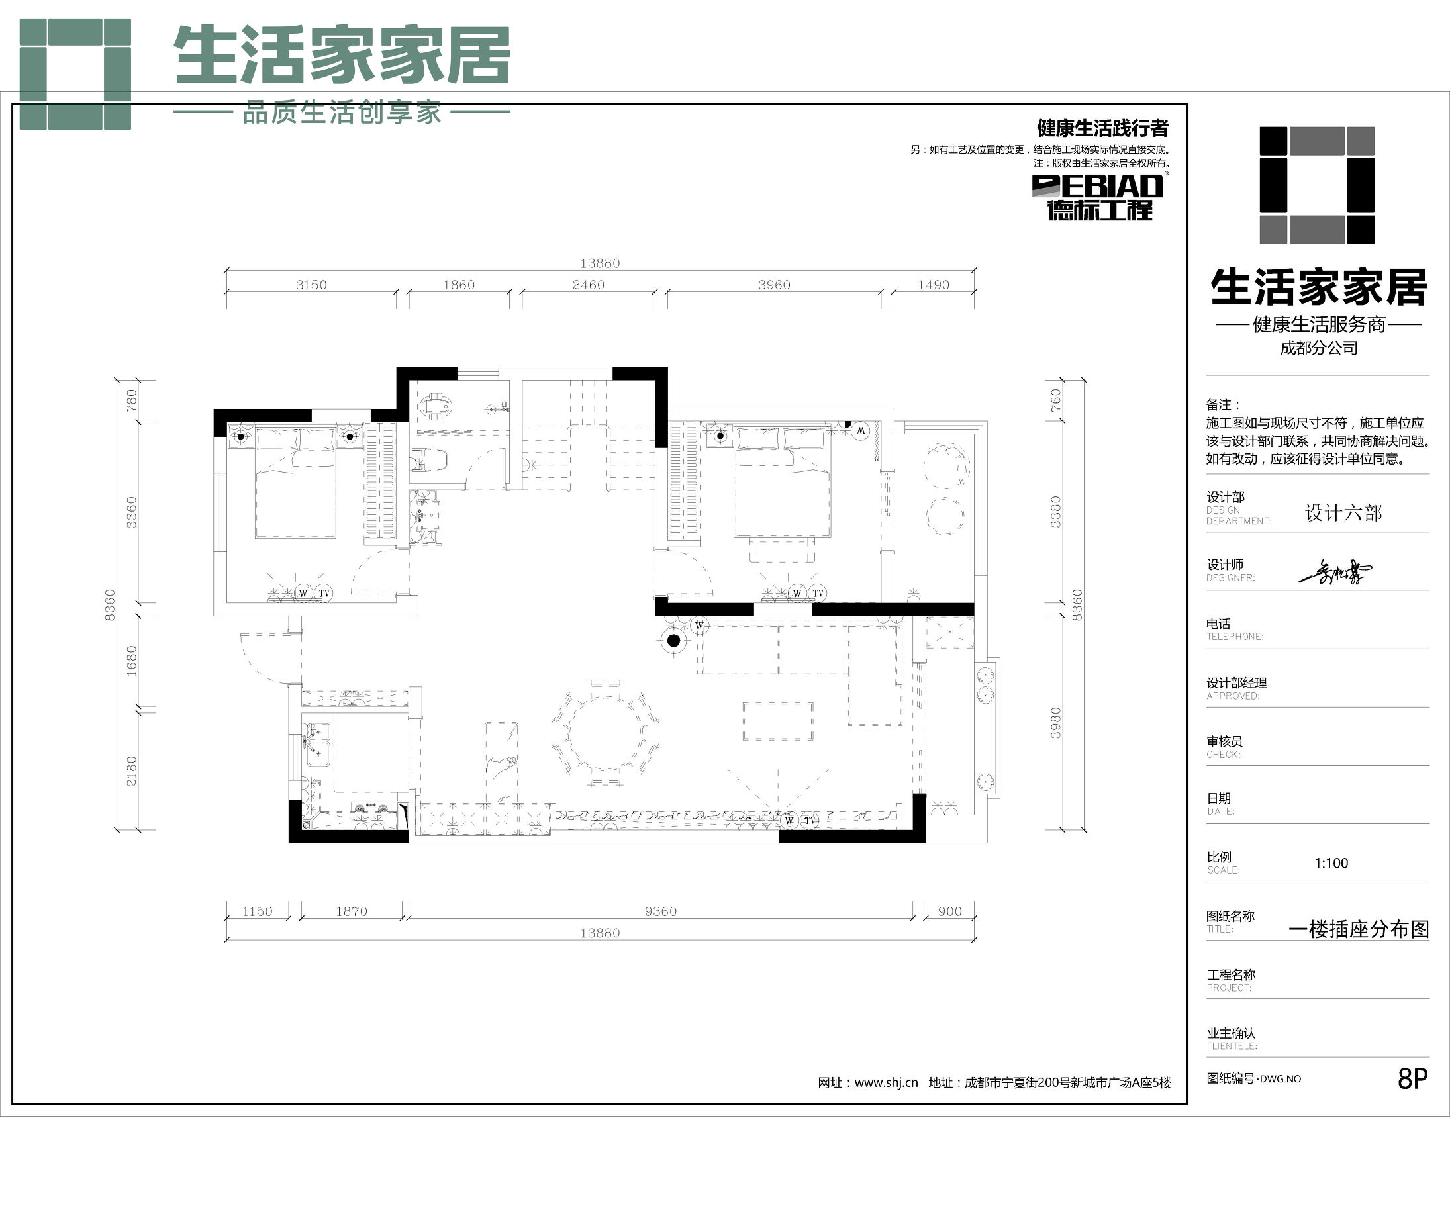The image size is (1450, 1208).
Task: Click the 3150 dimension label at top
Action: pyautogui.click(x=311, y=285)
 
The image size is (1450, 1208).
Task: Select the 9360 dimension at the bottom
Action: pyautogui.click(x=660, y=911)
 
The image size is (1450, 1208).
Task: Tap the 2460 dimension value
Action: pyautogui.click(x=589, y=285)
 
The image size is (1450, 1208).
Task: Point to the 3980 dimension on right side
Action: pyautogui.click(x=1055, y=723)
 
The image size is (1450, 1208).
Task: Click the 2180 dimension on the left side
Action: pyautogui.click(x=131, y=771)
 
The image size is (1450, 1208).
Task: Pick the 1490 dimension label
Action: pyautogui.click(x=933, y=285)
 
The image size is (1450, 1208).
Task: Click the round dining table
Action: pyautogui.click(x=606, y=733)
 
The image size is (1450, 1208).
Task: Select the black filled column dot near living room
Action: pyautogui.click(x=674, y=641)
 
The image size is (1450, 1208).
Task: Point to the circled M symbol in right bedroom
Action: pyautogui.click(x=860, y=431)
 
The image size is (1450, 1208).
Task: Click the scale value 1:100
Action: pyautogui.click(x=1331, y=863)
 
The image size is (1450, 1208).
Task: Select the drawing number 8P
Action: pyautogui.click(x=1412, y=1078)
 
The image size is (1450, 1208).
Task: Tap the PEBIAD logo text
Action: pyautogui.click(x=1098, y=186)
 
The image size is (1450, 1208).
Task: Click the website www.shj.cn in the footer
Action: pyautogui.click(x=886, y=1082)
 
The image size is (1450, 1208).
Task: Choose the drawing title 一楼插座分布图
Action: pyautogui.click(x=1358, y=929)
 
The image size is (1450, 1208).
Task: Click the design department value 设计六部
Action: pyautogui.click(x=1343, y=512)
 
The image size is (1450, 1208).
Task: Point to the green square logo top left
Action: pyautogui.click(x=75, y=74)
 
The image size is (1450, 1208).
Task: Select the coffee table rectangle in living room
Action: pyautogui.click(x=777, y=721)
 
